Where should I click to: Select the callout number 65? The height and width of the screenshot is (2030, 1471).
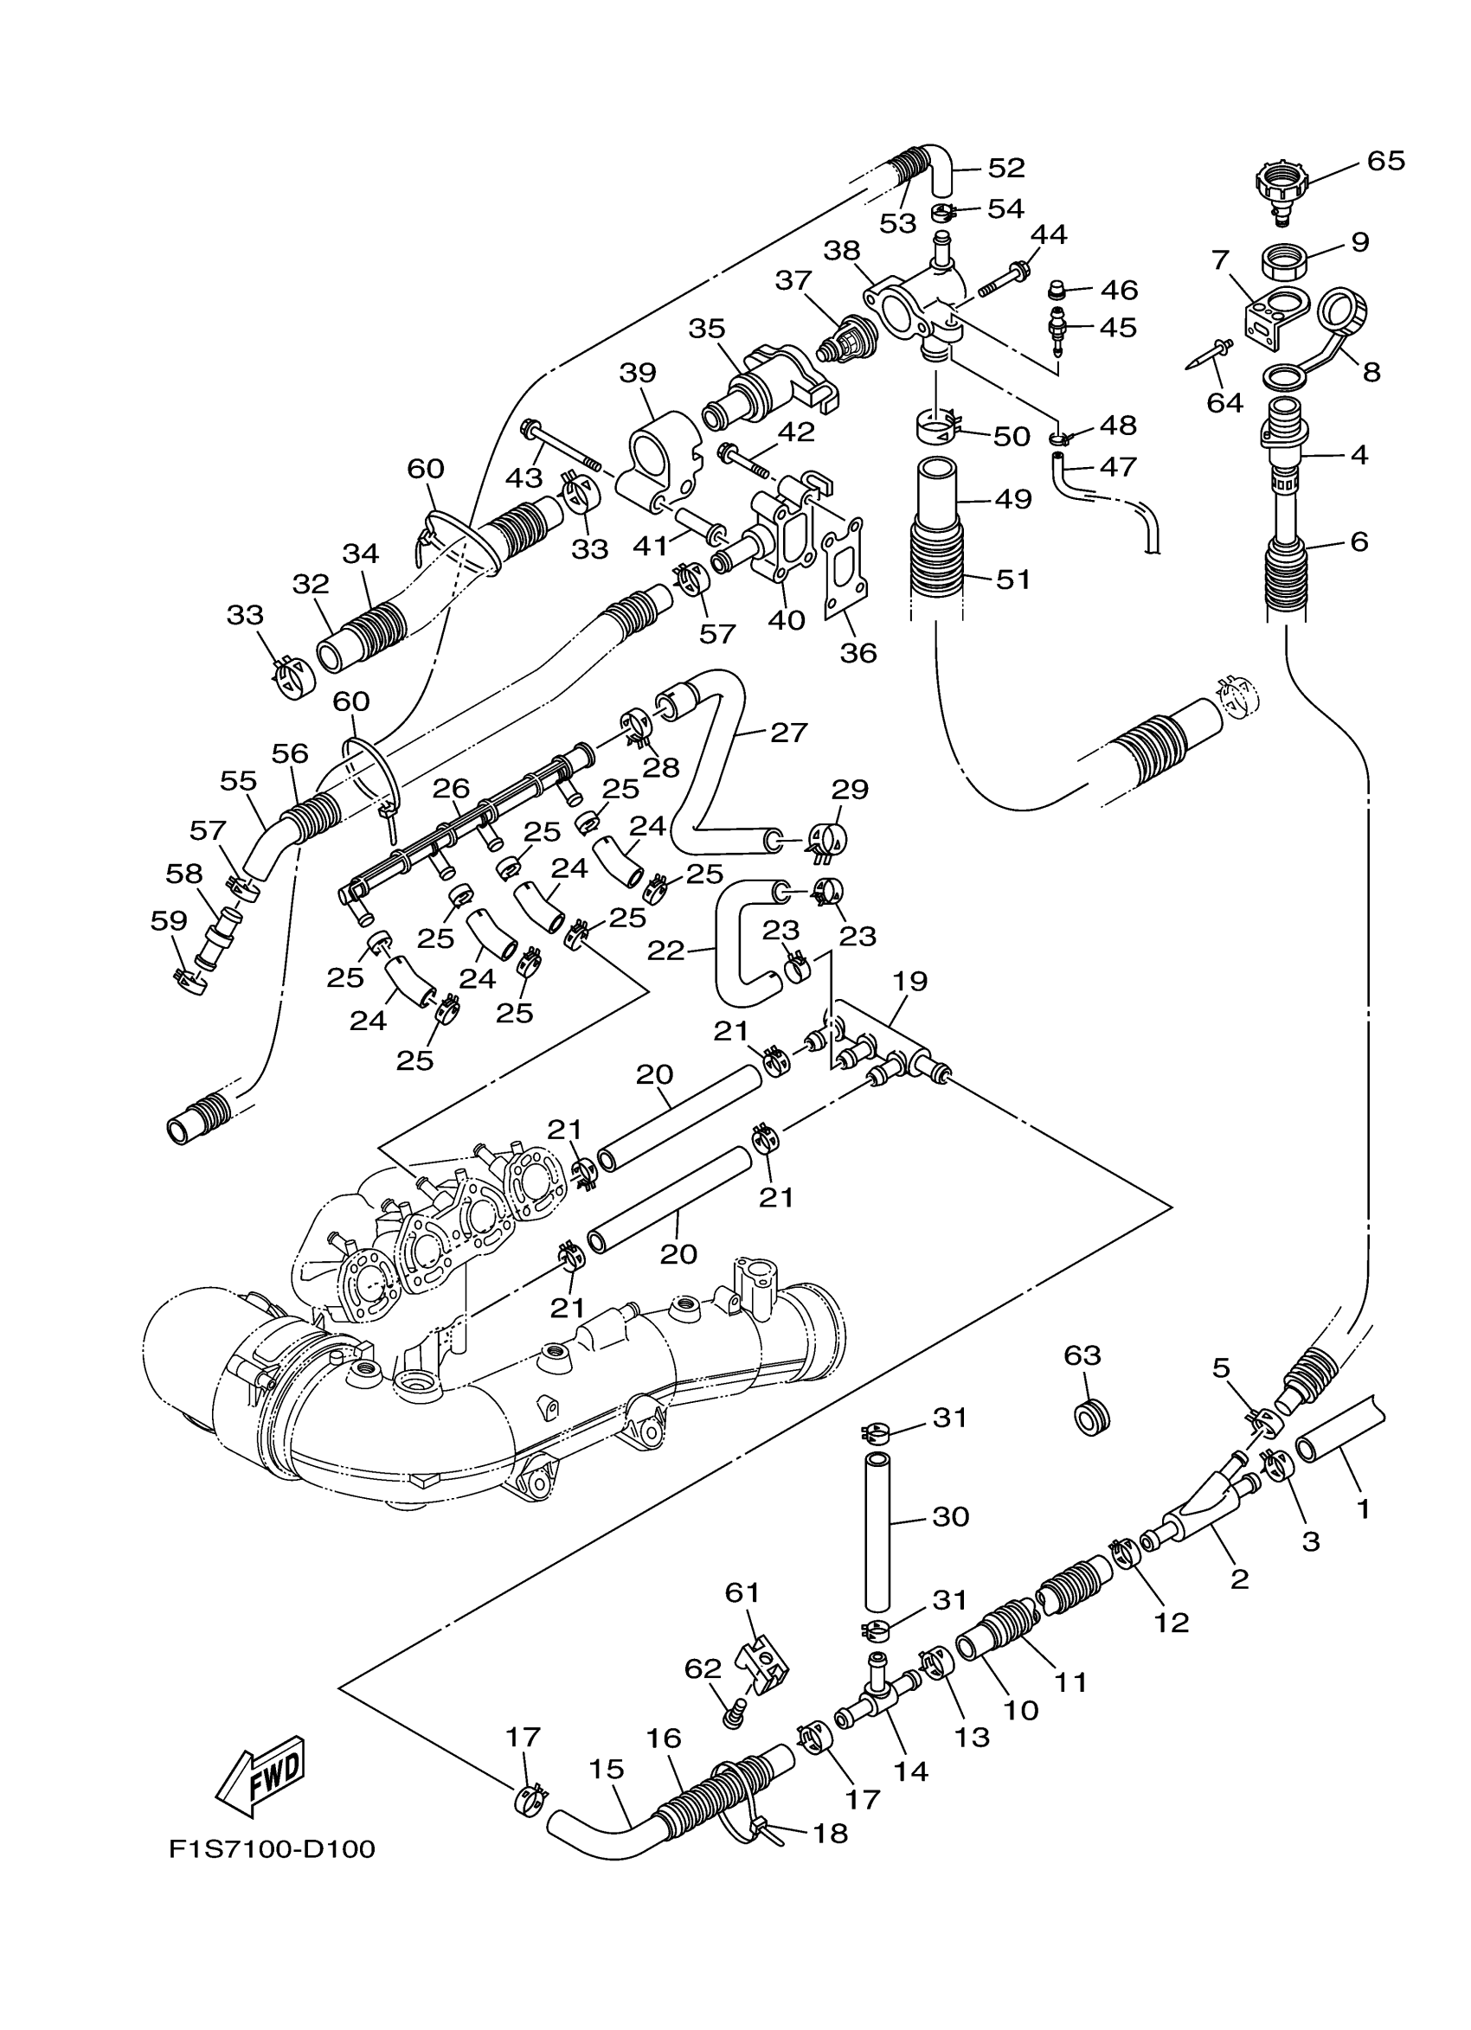click(1385, 161)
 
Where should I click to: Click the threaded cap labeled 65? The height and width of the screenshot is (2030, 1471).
click(1282, 188)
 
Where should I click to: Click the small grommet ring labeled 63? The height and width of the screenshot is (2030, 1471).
click(1090, 1418)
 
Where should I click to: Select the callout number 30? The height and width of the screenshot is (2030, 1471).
click(951, 1516)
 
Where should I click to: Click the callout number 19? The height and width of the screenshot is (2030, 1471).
click(909, 981)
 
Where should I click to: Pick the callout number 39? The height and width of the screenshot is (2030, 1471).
click(638, 372)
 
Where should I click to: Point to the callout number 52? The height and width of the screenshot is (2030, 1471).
click(1006, 168)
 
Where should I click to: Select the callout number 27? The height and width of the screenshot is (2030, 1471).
click(788, 732)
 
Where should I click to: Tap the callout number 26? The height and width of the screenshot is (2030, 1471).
click(451, 789)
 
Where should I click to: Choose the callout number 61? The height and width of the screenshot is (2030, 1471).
click(742, 1592)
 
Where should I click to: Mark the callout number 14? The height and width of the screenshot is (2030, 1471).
click(911, 1771)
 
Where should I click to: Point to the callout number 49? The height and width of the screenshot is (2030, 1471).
click(1013, 498)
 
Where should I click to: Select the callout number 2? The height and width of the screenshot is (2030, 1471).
click(1239, 1579)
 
